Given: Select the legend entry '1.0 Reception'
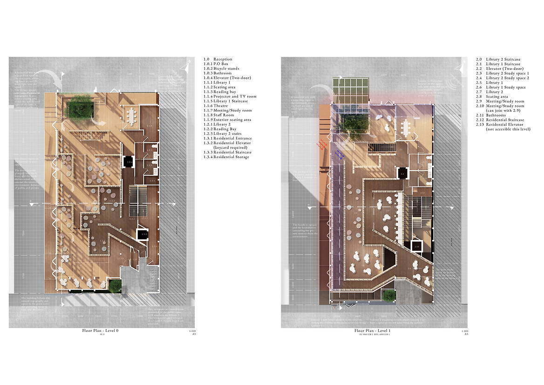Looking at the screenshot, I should tap(218, 59).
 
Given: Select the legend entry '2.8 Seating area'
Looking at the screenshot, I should tap(496, 96).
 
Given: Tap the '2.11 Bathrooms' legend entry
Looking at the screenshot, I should tap(495, 115).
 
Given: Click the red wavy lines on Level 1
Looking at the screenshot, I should tap(322, 146).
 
